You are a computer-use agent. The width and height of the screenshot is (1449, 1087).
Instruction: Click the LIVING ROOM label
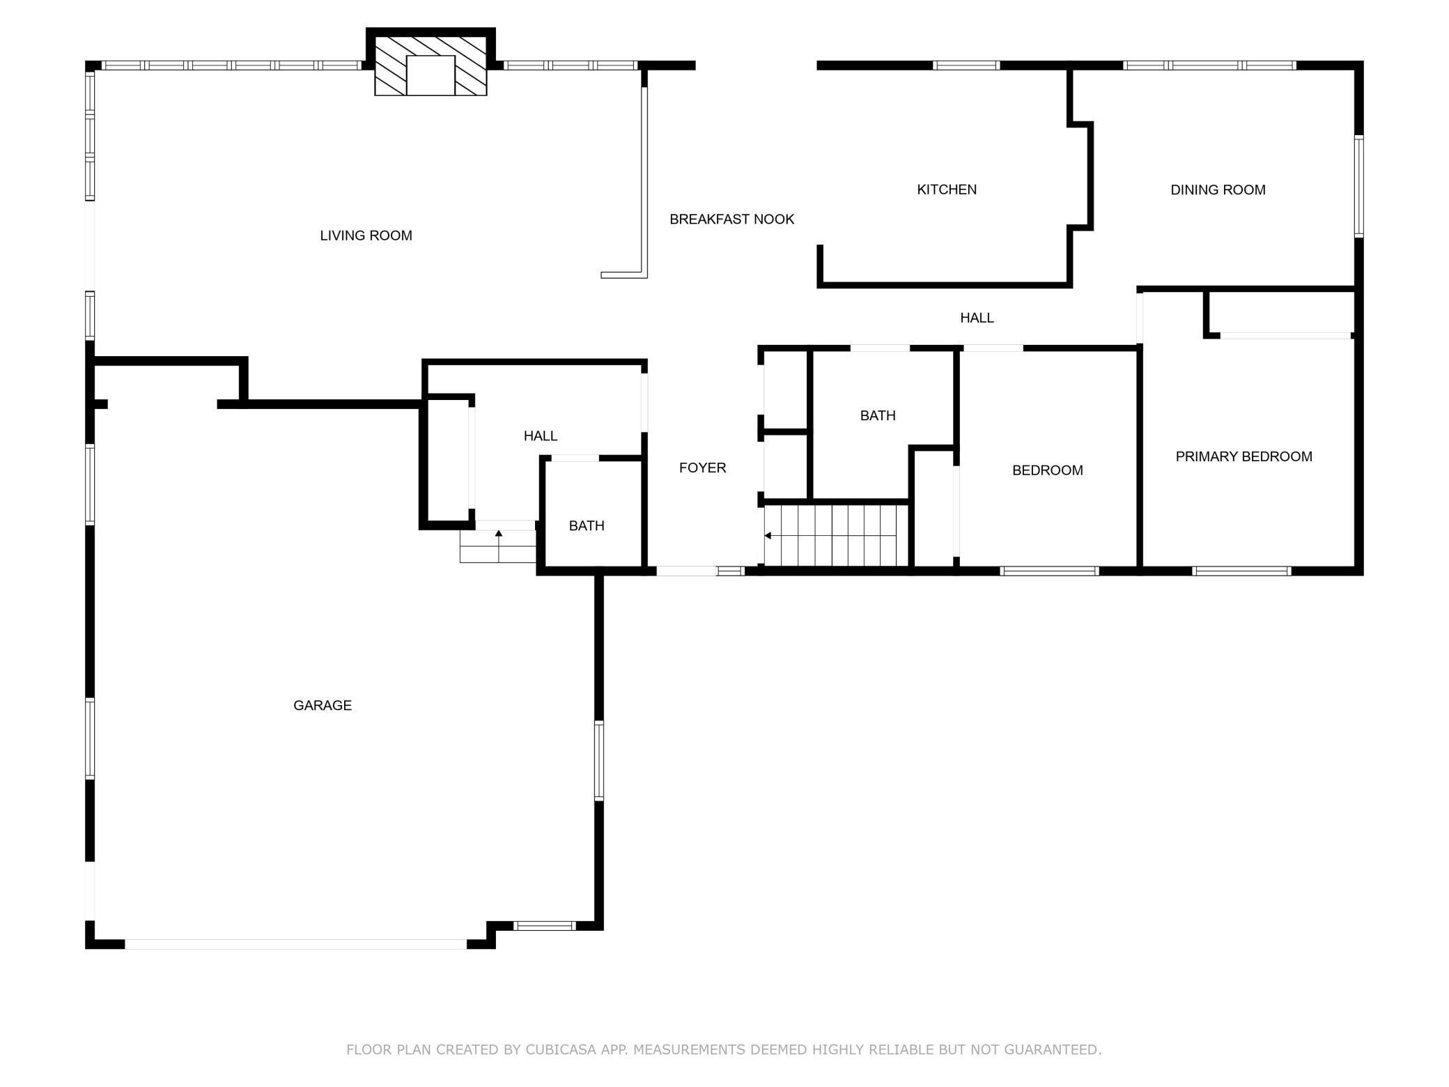(366, 236)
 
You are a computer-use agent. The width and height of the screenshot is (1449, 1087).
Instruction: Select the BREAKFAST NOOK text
(731, 219)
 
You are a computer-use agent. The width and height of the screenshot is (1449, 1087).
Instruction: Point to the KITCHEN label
(946, 190)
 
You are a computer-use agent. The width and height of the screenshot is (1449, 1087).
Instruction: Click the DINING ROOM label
(1218, 190)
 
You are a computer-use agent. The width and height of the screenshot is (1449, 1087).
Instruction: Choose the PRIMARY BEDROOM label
(1243, 456)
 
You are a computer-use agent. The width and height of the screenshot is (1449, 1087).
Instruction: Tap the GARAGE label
(322, 705)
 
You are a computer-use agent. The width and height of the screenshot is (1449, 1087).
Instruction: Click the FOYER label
(702, 468)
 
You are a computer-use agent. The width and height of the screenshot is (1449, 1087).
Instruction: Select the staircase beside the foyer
(836, 535)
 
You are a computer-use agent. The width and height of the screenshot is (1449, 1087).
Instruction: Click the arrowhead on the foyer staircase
(768, 536)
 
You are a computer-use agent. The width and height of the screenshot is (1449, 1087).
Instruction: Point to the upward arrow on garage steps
(499, 534)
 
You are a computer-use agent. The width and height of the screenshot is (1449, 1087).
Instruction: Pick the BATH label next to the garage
(587, 526)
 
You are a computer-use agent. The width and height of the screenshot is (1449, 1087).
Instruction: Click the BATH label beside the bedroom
(877, 416)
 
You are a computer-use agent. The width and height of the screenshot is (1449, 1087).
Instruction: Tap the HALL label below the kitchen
(977, 318)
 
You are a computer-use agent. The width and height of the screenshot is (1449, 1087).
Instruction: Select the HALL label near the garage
(540, 436)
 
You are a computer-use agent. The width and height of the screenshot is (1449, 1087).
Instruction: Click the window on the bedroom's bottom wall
(1049, 571)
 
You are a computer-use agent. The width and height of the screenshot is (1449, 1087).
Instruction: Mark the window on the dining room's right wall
(1358, 186)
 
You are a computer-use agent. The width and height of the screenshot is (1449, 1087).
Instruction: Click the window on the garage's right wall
(598, 760)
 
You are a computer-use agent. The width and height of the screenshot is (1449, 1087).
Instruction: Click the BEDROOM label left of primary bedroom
(1047, 470)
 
